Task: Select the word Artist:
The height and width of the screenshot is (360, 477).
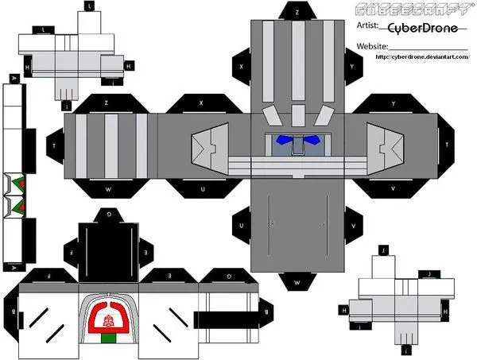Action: [368, 27]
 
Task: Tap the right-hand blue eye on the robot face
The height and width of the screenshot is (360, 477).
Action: [312, 140]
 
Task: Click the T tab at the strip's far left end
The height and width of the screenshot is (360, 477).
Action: [53, 146]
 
